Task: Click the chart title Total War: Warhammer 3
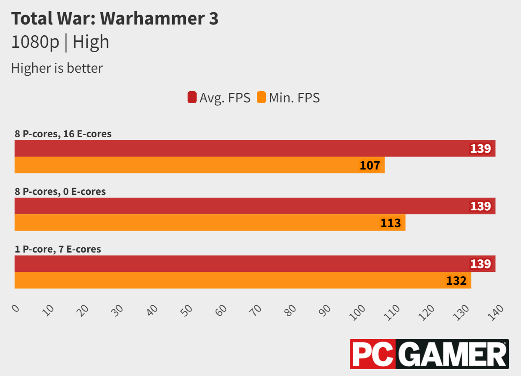coord(114,19)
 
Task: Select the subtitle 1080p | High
coord(60,42)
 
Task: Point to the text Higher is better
coord(57,68)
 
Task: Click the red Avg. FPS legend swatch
coord(192,98)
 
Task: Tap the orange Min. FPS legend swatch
coord(261,98)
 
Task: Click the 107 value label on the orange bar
coord(370,165)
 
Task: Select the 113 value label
coord(391,223)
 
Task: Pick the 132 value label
coord(456,280)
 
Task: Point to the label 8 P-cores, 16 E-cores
coord(63,134)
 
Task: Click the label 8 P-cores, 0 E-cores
coord(60,191)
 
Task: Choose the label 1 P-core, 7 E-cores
coord(58,249)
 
